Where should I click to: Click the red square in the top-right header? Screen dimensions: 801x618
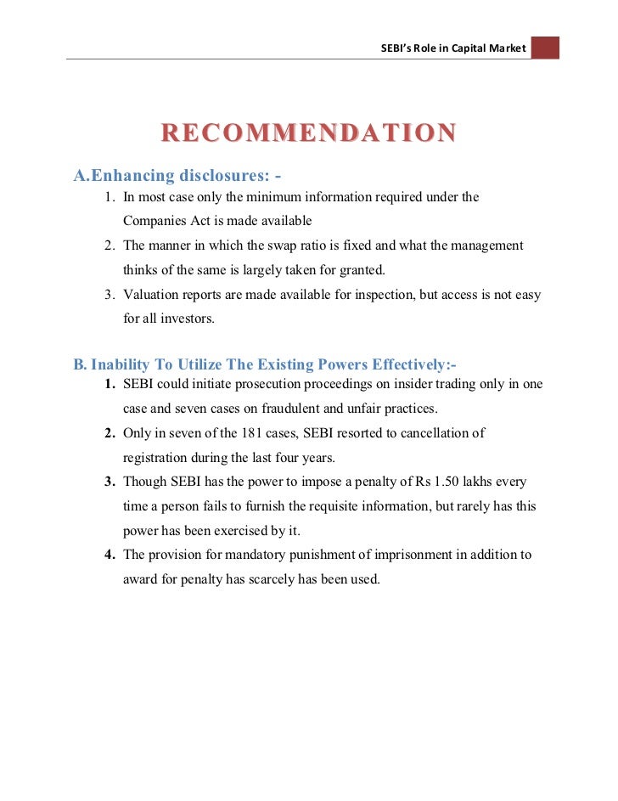[545, 47]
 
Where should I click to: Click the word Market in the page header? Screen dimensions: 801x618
[508, 48]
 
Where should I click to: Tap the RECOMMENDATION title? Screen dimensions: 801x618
[309, 133]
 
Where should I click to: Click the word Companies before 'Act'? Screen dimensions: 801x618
[154, 221]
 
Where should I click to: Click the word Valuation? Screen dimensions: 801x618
[153, 295]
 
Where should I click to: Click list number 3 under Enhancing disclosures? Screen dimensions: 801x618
[110, 295]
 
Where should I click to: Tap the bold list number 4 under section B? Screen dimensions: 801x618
[110, 555]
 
